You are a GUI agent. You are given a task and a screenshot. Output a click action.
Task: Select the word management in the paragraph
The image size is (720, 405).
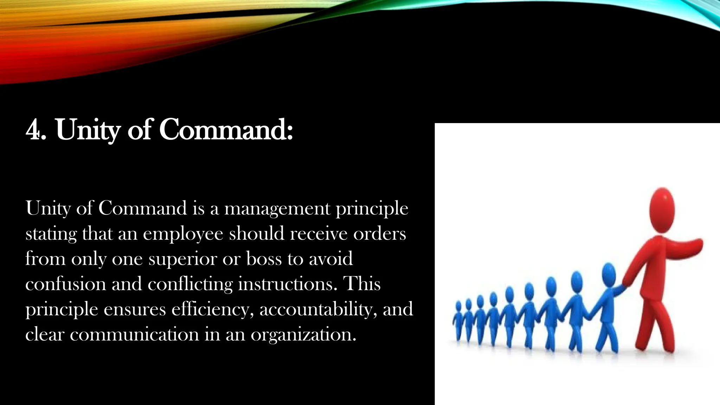(x=277, y=209)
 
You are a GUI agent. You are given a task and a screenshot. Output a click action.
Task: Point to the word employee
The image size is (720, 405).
(x=183, y=234)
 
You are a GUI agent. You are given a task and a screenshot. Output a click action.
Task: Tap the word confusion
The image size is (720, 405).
(x=66, y=284)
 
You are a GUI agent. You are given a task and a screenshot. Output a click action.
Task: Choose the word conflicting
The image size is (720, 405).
(x=190, y=284)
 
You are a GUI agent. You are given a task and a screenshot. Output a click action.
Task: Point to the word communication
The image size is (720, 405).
(x=134, y=334)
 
